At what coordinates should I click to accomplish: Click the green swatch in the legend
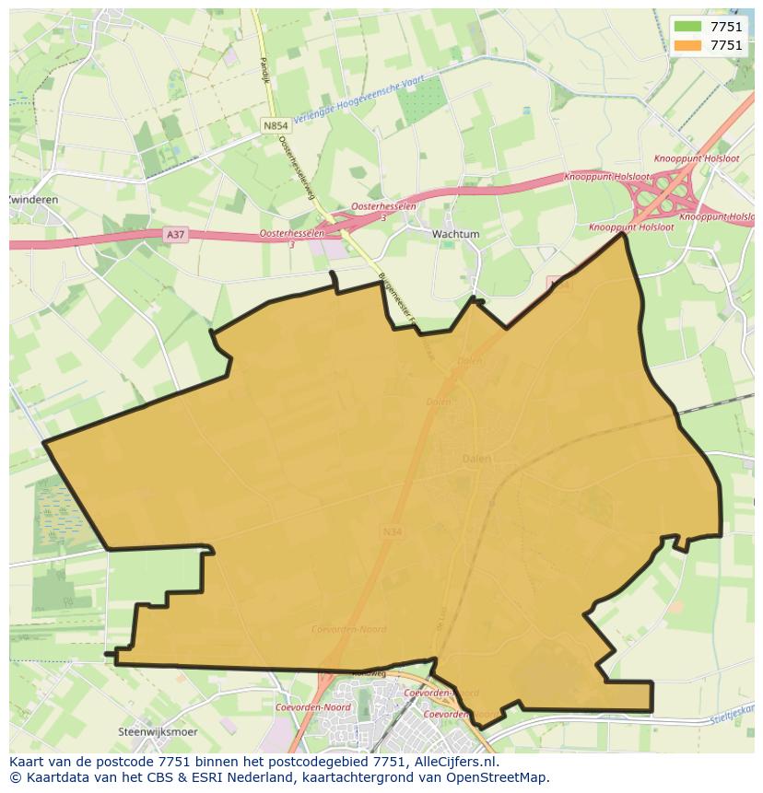(x=687, y=27)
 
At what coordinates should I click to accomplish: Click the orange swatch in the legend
(x=687, y=45)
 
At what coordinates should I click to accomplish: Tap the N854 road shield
(x=275, y=125)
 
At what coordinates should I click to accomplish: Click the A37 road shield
(x=175, y=235)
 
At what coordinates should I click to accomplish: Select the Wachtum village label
(x=456, y=234)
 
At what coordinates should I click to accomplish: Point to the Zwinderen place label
(x=33, y=199)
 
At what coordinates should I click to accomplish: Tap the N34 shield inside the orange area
(x=391, y=531)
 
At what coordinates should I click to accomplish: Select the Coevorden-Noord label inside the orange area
(x=349, y=630)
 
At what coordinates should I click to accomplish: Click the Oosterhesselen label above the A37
(x=383, y=207)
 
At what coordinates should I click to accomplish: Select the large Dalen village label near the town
(x=476, y=458)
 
